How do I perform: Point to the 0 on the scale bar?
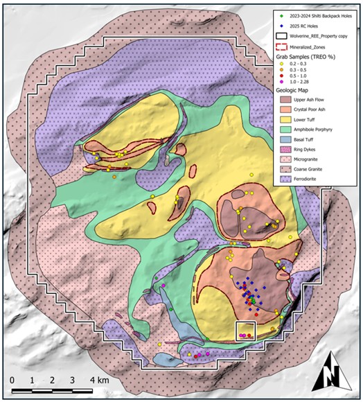tap(12, 381)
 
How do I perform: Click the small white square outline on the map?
tap(246, 331)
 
